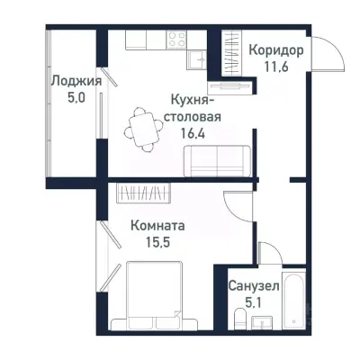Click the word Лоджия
tap(76, 80)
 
